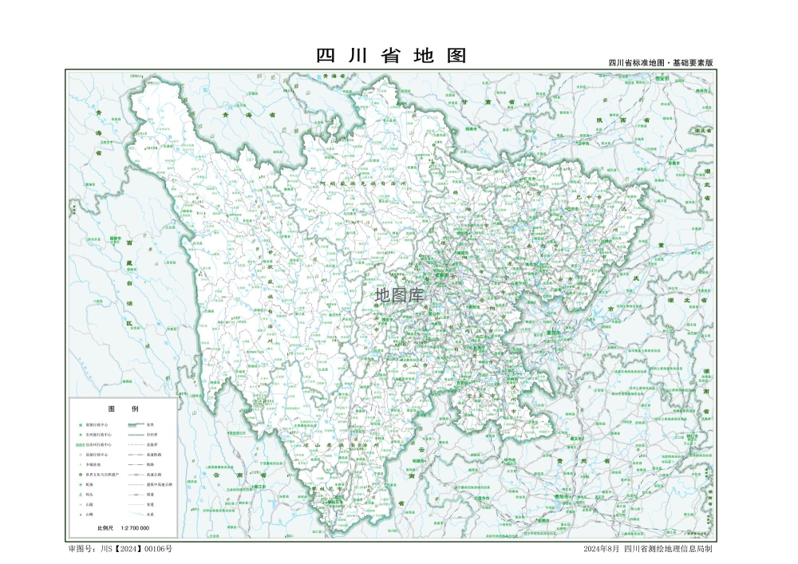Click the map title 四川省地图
point(391,56)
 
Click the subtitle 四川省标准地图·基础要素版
point(660,62)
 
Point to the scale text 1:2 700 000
point(140,528)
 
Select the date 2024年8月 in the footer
point(601,549)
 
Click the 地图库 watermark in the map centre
point(401,295)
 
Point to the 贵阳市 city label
point(565,495)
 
